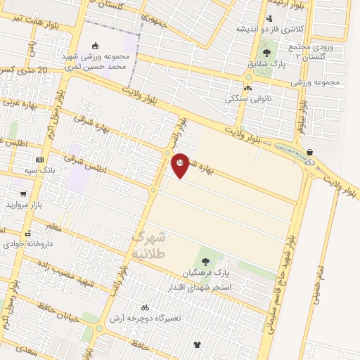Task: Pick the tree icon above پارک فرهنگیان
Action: [205, 262]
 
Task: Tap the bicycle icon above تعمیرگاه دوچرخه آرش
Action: [145, 307]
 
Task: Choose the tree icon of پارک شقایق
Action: [267, 51]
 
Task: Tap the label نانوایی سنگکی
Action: [247, 99]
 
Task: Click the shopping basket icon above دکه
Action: [310, 152]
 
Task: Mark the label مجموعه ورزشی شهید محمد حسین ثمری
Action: [96, 61]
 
